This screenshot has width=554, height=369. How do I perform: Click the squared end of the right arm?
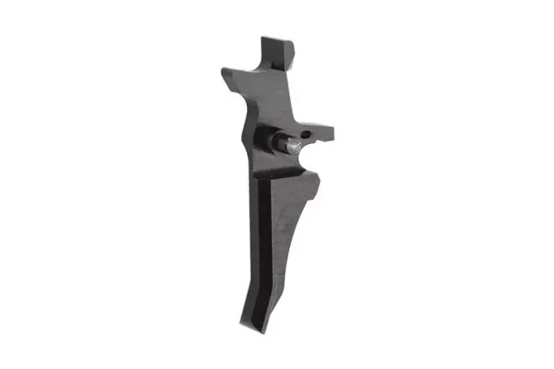click(332, 132)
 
